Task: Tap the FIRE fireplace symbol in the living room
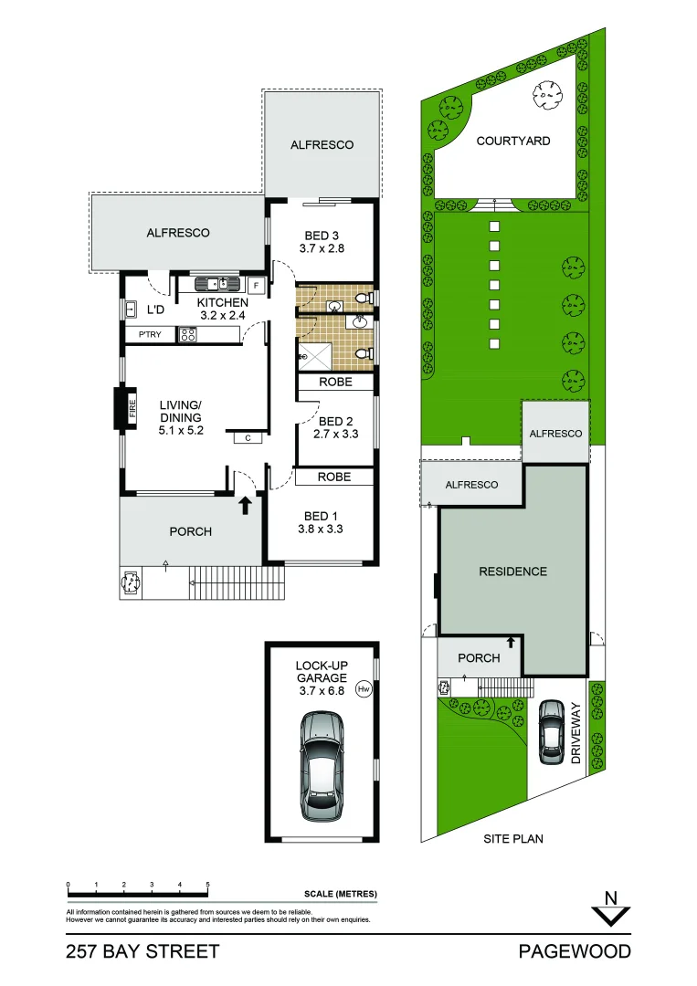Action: [x=119, y=408]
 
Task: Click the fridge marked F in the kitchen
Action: [x=257, y=286]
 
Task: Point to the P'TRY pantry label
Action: [x=149, y=335]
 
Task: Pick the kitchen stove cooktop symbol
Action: [x=187, y=334]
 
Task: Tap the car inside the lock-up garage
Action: [x=321, y=765]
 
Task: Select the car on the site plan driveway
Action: [x=551, y=731]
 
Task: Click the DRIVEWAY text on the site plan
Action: [x=576, y=732]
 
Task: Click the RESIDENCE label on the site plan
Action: [x=512, y=572]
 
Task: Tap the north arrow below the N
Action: [x=611, y=916]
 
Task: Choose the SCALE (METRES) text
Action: [x=340, y=894]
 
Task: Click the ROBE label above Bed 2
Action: [x=334, y=383]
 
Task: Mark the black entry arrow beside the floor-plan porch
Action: [x=245, y=504]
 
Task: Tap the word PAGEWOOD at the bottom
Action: [x=574, y=952]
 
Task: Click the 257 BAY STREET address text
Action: [x=143, y=952]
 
